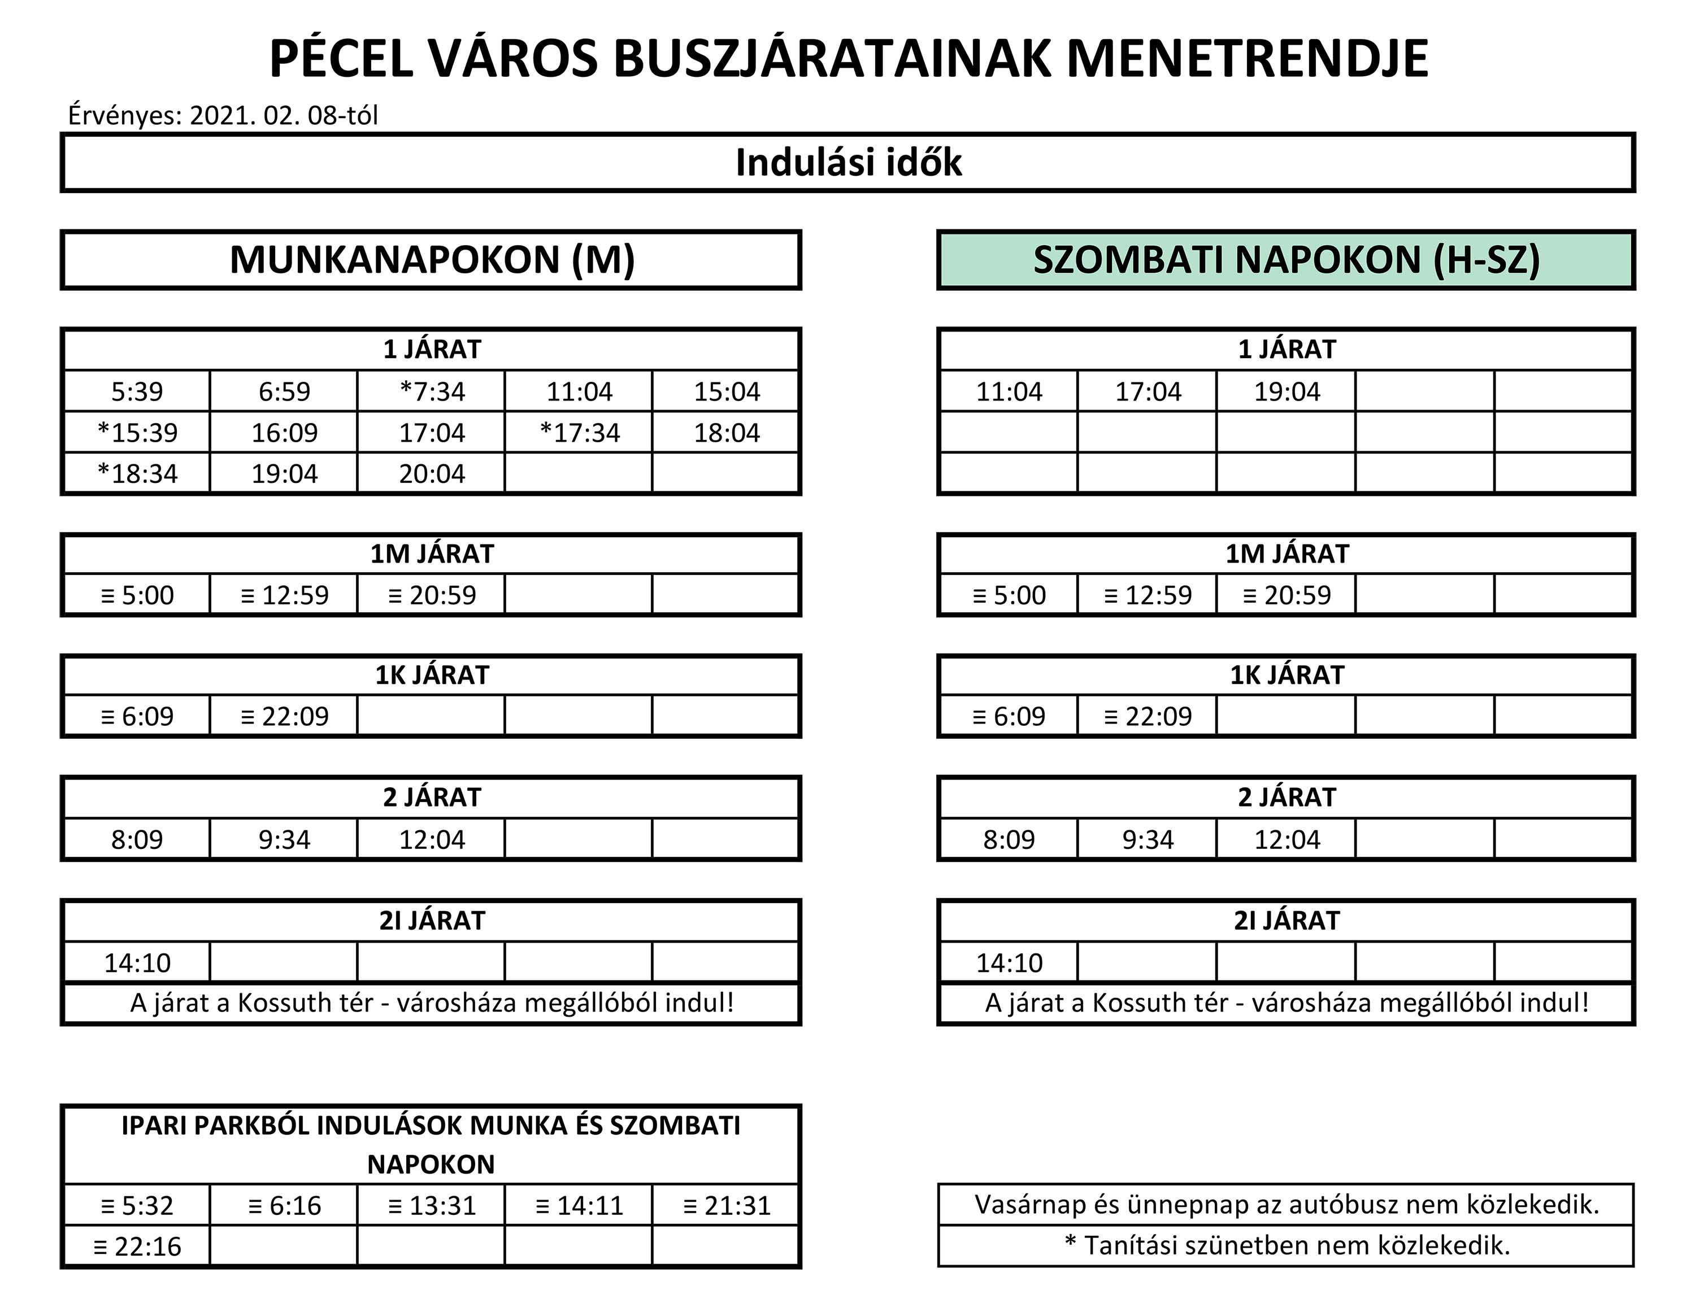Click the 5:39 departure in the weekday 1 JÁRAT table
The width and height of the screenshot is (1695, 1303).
[137, 391]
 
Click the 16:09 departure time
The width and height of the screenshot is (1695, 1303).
[284, 433]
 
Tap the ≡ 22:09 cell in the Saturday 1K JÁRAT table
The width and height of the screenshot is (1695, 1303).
[1148, 716]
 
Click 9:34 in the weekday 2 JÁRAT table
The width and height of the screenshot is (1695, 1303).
[284, 839]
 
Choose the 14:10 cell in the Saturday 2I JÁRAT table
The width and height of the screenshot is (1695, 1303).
[1009, 962]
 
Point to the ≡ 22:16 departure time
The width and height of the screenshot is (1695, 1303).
[137, 1247]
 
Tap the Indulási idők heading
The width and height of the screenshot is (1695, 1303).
[848, 163]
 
